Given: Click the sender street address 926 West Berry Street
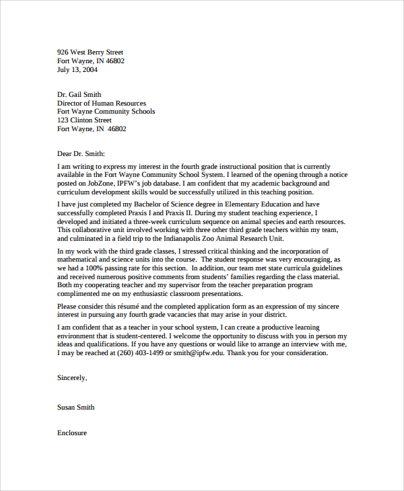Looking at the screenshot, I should pyautogui.click(x=90, y=52).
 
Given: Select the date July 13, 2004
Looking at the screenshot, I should pyautogui.click(x=77, y=69).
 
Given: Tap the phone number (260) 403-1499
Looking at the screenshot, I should pyautogui.click(x=143, y=353).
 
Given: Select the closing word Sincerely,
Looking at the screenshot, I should pyautogui.click(x=72, y=378).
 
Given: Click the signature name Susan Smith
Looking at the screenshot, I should pyautogui.click(x=76, y=407).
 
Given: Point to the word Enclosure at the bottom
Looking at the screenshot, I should pyautogui.click(x=72, y=432).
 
